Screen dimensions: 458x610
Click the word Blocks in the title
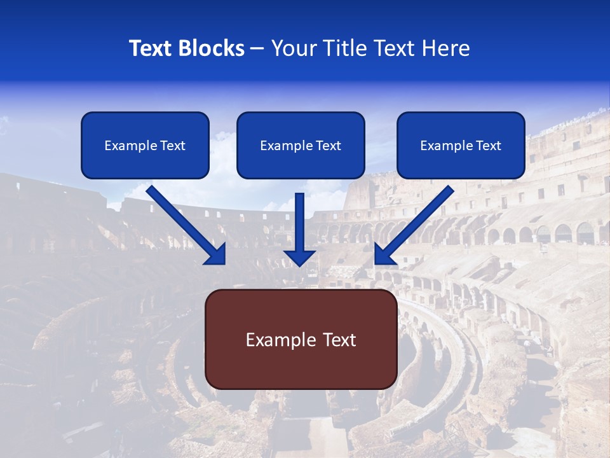click(x=212, y=48)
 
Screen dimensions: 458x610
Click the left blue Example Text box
click(x=145, y=145)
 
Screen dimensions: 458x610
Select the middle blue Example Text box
click(x=301, y=145)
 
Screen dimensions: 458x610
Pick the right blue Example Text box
click(x=461, y=145)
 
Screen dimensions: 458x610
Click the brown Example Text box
click(x=301, y=339)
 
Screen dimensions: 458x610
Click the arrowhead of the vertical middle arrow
click(x=300, y=257)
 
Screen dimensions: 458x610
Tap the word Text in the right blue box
click(x=489, y=146)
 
